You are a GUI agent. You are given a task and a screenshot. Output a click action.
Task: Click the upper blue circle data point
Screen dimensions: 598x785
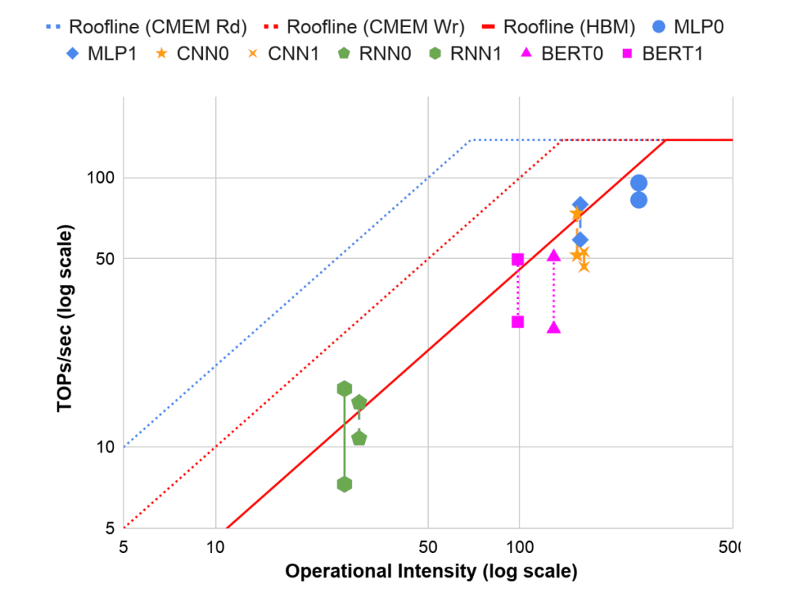point(639,183)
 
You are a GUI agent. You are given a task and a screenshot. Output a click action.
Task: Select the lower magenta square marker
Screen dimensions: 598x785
point(518,322)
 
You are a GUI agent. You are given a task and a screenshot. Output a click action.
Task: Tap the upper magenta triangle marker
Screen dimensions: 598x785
point(554,255)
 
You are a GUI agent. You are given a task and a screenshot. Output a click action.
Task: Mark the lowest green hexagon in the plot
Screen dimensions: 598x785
point(345,485)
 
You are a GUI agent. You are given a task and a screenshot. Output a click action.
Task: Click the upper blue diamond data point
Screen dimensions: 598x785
point(579,204)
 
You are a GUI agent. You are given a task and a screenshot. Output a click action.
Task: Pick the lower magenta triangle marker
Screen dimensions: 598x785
point(554,328)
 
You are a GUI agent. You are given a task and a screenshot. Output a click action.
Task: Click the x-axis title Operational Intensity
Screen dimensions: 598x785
point(431,572)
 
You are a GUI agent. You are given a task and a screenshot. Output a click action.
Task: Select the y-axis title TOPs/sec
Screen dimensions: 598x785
point(66,319)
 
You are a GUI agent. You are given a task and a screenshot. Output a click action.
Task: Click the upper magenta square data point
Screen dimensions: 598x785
point(518,260)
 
